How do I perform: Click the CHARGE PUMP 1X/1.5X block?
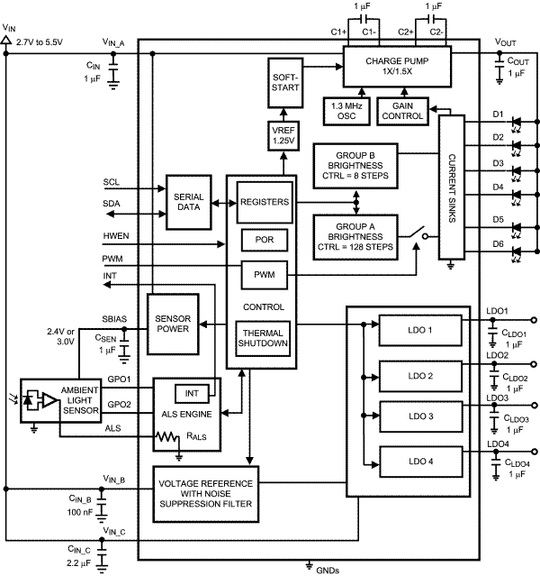[394, 67]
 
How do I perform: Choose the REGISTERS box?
[263, 203]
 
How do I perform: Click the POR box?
[263, 239]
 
